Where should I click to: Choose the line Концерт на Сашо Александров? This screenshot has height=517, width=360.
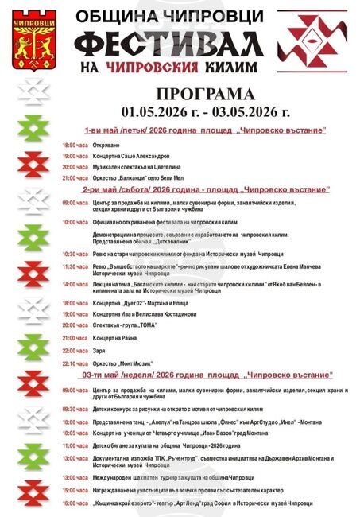click(130, 157)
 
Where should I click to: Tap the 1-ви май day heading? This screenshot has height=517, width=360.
click(204, 130)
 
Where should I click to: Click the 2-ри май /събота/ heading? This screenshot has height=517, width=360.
click(205, 190)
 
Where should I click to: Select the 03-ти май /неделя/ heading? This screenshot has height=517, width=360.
click(204, 374)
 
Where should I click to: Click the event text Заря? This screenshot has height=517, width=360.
click(99, 351)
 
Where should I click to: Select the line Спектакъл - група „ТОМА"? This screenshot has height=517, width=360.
click(123, 326)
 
